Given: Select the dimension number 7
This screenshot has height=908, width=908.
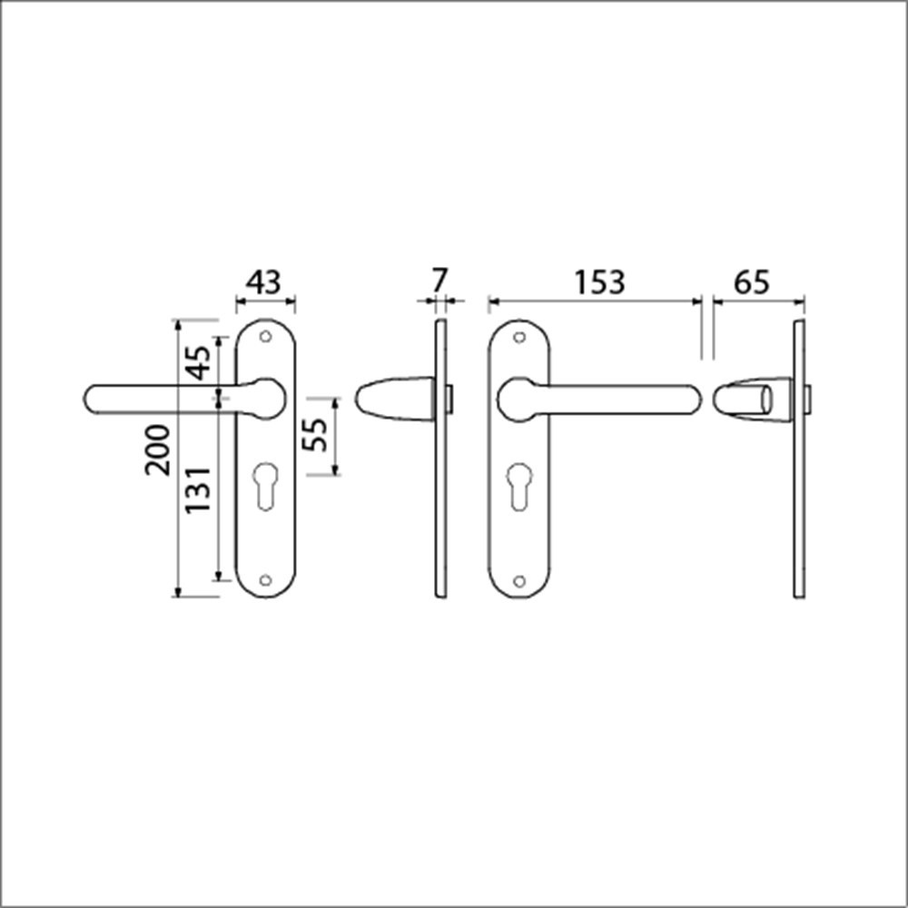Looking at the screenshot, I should (439, 281).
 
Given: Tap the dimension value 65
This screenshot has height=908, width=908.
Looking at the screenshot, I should (751, 282).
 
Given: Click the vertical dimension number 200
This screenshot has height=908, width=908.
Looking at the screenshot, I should (158, 449).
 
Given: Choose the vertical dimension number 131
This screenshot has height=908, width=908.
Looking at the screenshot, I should (198, 489).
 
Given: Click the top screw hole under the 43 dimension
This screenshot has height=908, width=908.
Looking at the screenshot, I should (265, 337).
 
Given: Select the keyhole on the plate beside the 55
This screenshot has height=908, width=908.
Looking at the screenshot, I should (265, 485).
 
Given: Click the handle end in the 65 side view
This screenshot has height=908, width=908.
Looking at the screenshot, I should (745, 400).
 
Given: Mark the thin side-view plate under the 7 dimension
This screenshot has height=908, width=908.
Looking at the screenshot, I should (441, 459).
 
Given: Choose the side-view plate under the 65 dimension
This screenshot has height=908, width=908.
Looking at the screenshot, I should (799, 459).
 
